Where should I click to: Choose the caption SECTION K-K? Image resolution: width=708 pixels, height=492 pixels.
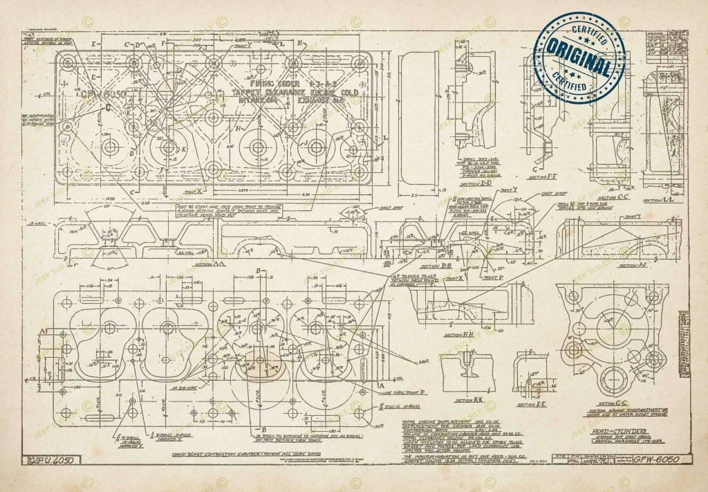469,399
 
